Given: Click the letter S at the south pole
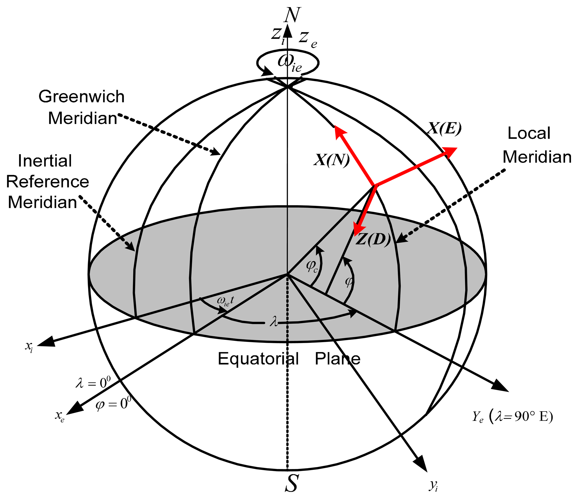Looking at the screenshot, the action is click(291, 483).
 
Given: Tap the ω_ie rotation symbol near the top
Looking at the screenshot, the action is click(289, 63).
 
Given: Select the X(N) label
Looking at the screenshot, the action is click(331, 160).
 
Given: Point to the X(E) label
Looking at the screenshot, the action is click(444, 128).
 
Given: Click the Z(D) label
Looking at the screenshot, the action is click(373, 239).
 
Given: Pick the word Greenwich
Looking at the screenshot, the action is click(81, 97).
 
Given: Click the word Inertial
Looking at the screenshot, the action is click(45, 161).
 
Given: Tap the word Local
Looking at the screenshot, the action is click(529, 133).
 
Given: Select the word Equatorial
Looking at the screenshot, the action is click(258, 358).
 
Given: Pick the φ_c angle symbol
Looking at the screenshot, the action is click(312, 266).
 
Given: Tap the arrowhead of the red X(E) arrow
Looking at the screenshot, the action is click(450, 152).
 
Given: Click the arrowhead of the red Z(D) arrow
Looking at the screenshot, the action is click(358, 229).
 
